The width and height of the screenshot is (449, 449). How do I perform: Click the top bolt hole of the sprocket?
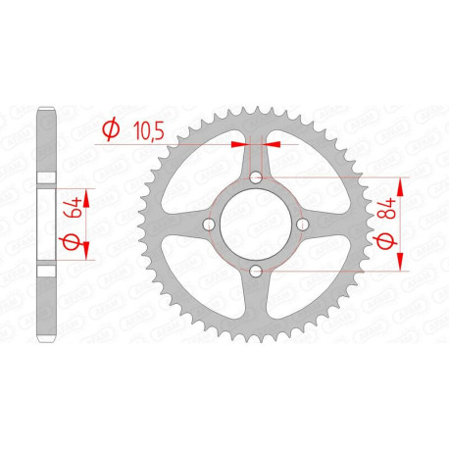255,178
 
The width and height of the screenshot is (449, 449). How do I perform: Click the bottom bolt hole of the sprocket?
255,269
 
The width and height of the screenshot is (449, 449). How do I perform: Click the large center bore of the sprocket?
255,224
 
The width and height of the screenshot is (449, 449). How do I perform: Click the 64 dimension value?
71,209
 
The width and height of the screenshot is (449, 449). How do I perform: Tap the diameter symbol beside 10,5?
111,127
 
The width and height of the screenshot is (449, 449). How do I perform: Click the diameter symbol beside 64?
71,241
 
